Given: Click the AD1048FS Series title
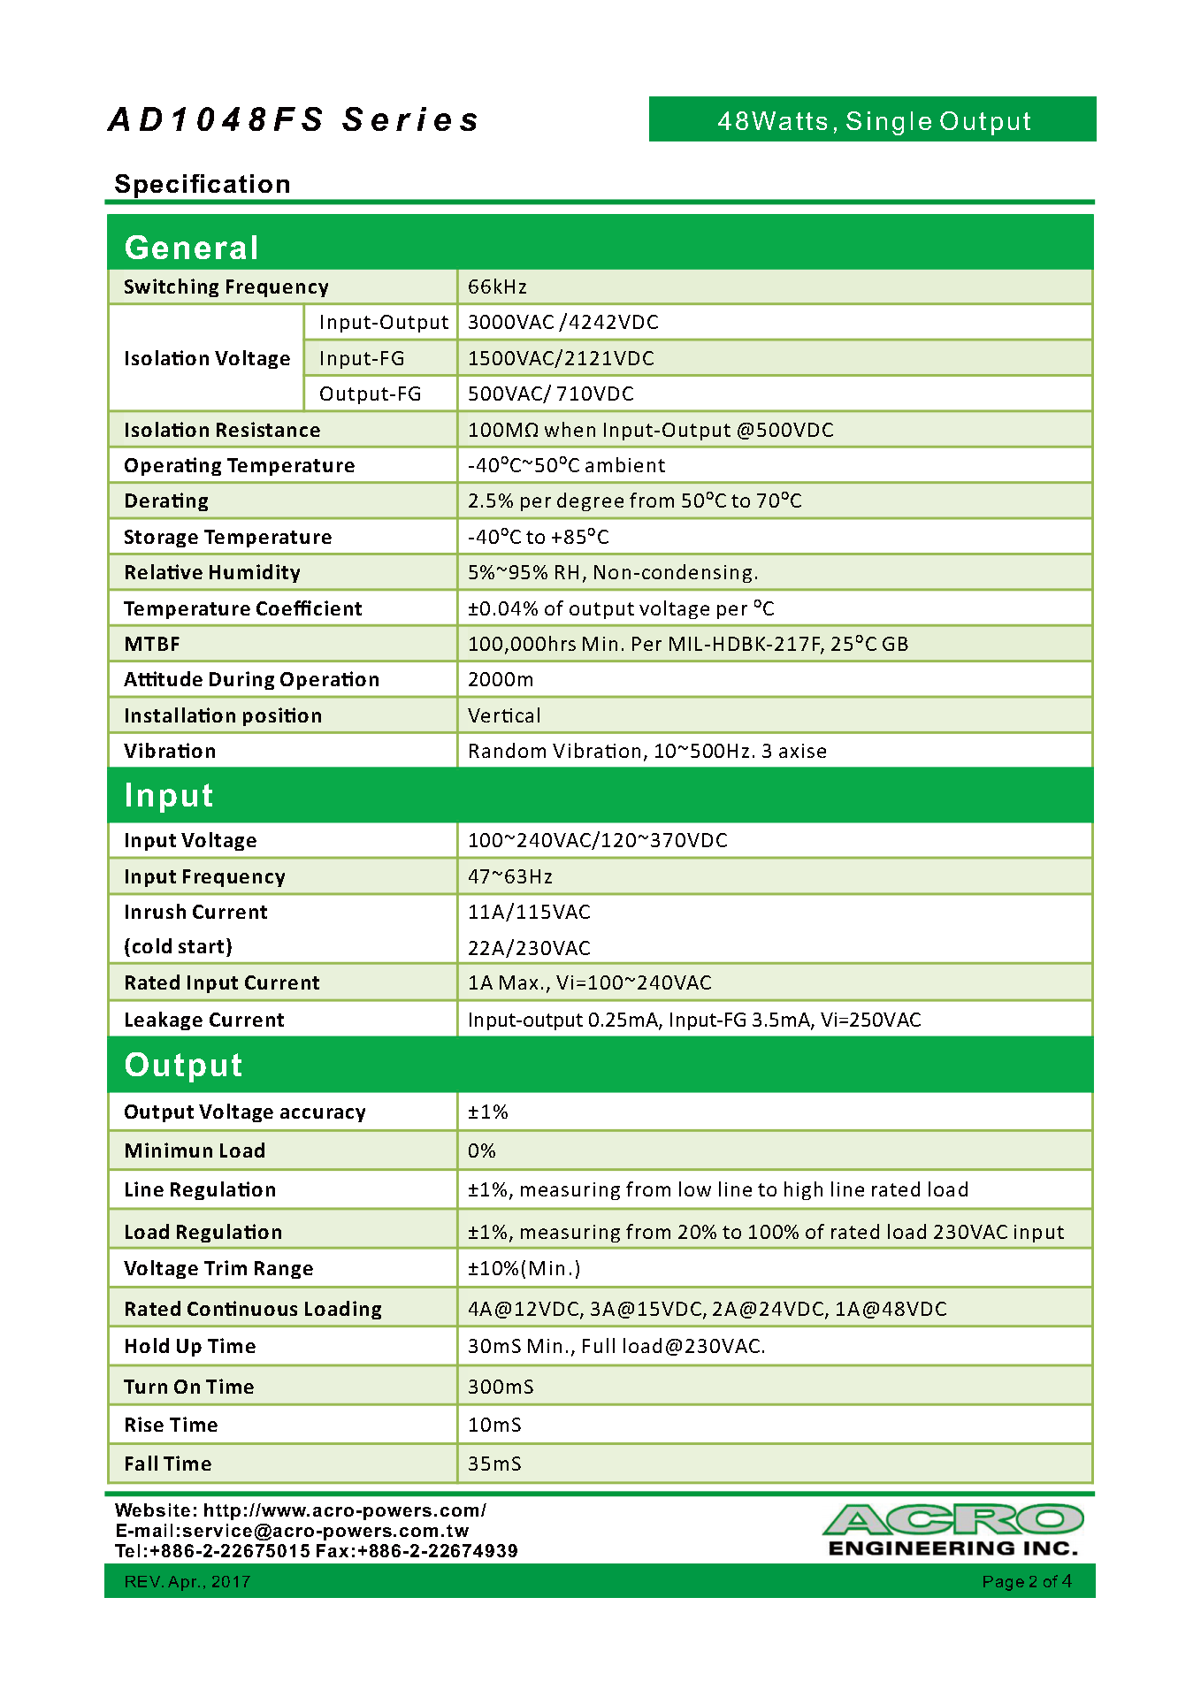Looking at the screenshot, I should pyautogui.click(x=293, y=119).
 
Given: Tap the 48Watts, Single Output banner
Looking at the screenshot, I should pyautogui.click(x=873, y=120).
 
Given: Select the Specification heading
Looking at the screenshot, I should pyautogui.click(x=203, y=184).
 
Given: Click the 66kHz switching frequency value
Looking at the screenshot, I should pyautogui.click(x=497, y=287).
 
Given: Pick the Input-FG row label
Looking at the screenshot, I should pyautogui.click(x=362, y=358).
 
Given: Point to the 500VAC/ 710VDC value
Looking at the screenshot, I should pyautogui.click(x=550, y=394).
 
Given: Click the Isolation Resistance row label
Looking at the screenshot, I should pyautogui.click(x=222, y=430).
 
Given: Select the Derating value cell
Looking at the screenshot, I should pyautogui.click(x=634, y=501).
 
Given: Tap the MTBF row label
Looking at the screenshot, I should pyautogui.click(x=152, y=644).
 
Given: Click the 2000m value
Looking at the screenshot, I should pyautogui.click(x=501, y=679).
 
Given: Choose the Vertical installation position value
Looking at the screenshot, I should pyautogui.click(x=504, y=715).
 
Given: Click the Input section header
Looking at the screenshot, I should pyautogui.click(x=169, y=795).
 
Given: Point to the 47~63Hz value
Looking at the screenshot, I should pyautogui.click(x=510, y=876).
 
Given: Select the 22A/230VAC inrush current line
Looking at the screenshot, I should pyautogui.click(x=529, y=948).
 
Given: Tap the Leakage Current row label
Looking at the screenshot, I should pyautogui.click(x=204, y=1020).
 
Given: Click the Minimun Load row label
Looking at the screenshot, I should pyautogui.click(x=195, y=1150).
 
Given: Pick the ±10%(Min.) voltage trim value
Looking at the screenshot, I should pyautogui.click(x=524, y=1268).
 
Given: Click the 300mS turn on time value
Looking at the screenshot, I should pyautogui.click(x=501, y=1387).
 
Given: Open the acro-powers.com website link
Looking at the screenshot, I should pyautogui.click(x=345, y=1510).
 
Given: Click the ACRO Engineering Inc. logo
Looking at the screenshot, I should pyautogui.click(x=953, y=1530).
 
